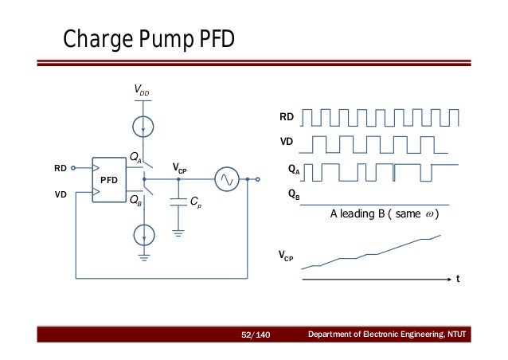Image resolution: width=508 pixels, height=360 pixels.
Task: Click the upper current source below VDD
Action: [143, 126]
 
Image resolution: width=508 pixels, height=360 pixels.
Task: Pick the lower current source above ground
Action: [143, 234]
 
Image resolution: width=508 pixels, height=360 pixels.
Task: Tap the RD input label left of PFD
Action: [61, 168]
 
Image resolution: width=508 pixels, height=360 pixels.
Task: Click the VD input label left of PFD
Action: [61, 194]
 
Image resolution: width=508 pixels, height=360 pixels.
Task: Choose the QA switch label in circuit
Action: [135, 156]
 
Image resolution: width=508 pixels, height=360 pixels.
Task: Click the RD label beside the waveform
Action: [286, 117]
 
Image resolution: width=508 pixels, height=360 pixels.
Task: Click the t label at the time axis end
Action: [458, 280]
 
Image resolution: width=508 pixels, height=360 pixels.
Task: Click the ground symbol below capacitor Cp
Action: [178, 233]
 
